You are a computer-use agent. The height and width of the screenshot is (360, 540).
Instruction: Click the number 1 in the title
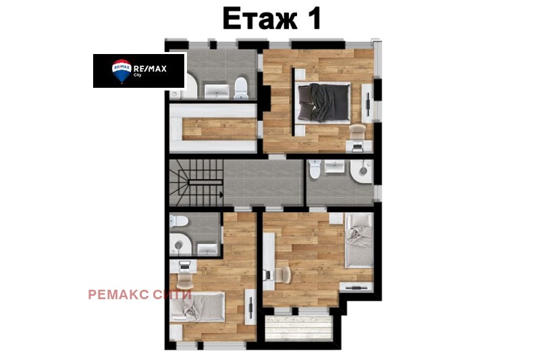(311, 19)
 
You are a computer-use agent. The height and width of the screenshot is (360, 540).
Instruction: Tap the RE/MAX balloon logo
(121, 70)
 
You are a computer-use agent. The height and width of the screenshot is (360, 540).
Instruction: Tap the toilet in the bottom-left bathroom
(178, 222)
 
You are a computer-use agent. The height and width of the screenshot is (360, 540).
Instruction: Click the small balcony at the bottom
(299, 326)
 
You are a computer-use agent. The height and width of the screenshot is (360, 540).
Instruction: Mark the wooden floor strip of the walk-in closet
(219, 126)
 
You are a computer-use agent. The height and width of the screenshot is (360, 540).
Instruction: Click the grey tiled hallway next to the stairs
(263, 182)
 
